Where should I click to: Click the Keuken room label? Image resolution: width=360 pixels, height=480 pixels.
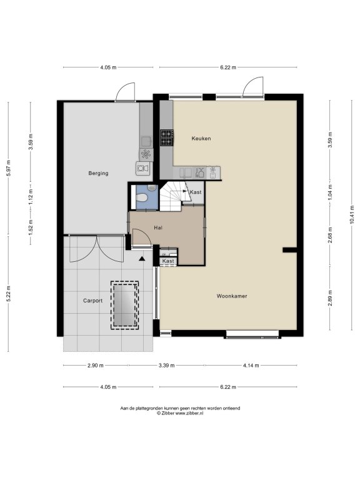[201, 138]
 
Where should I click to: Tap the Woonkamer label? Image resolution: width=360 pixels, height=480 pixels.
[232, 296]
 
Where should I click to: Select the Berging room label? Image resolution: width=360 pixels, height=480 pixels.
[98, 173]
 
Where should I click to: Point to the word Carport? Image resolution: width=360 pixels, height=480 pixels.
[92, 301]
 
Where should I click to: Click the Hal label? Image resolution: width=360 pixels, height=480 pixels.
[158, 227]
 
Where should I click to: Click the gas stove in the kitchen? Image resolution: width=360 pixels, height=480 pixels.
[167, 137]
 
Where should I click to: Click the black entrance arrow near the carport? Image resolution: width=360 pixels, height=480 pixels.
[141, 259]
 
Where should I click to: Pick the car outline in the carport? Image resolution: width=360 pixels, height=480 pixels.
[124, 305]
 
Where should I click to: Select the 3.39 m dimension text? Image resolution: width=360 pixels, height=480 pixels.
[166, 365]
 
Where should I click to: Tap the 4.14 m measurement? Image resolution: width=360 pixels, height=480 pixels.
[251, 365]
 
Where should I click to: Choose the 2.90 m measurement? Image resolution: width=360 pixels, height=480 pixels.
[96, 365]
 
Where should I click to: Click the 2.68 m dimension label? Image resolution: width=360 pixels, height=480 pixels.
[330, 235]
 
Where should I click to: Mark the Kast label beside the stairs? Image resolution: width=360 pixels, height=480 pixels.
[196, 192]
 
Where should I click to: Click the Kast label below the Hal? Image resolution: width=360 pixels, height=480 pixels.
[168, 261]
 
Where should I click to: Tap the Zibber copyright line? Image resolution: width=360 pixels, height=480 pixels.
[180, 413]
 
